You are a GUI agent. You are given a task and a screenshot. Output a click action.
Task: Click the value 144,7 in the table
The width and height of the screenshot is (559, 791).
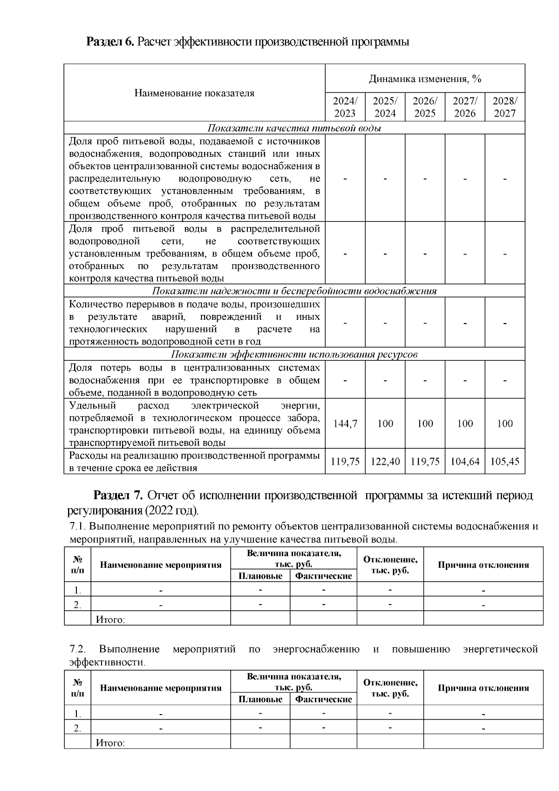345,424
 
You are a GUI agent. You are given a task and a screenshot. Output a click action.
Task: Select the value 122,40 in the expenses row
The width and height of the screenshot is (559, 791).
385,461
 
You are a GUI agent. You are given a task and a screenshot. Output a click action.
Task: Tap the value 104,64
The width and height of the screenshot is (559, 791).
465,461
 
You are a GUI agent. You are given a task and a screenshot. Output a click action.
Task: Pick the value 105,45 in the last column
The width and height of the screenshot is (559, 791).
505,461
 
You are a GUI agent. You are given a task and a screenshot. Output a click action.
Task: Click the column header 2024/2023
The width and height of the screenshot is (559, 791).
345,107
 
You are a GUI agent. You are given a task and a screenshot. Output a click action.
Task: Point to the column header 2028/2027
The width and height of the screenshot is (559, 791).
505,107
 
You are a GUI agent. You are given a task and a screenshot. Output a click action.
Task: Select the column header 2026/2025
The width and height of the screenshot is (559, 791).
425,107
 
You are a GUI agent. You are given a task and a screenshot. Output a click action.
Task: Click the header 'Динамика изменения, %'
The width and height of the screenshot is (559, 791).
425,79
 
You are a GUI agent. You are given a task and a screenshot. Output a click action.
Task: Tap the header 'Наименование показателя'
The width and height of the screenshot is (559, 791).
194,93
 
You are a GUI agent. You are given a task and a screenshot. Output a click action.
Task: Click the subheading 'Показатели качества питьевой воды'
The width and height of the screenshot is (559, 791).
294,128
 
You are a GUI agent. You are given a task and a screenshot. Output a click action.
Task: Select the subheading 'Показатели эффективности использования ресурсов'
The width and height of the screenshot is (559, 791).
294,354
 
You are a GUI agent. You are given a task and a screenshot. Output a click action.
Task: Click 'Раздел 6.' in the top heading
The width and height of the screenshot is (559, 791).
110,42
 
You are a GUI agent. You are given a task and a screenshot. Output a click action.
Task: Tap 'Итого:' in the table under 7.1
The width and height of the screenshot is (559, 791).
110,619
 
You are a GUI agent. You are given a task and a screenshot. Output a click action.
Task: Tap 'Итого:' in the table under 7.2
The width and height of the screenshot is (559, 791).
110,743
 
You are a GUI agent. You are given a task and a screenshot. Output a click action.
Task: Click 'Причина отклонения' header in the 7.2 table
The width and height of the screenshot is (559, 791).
483,688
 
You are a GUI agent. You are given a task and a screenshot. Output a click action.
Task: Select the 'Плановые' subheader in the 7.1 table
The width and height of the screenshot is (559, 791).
260,576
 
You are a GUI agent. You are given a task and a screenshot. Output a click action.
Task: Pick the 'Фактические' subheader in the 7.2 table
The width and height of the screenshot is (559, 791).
323,699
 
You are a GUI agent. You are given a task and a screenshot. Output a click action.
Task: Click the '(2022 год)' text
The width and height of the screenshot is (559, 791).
171,510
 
